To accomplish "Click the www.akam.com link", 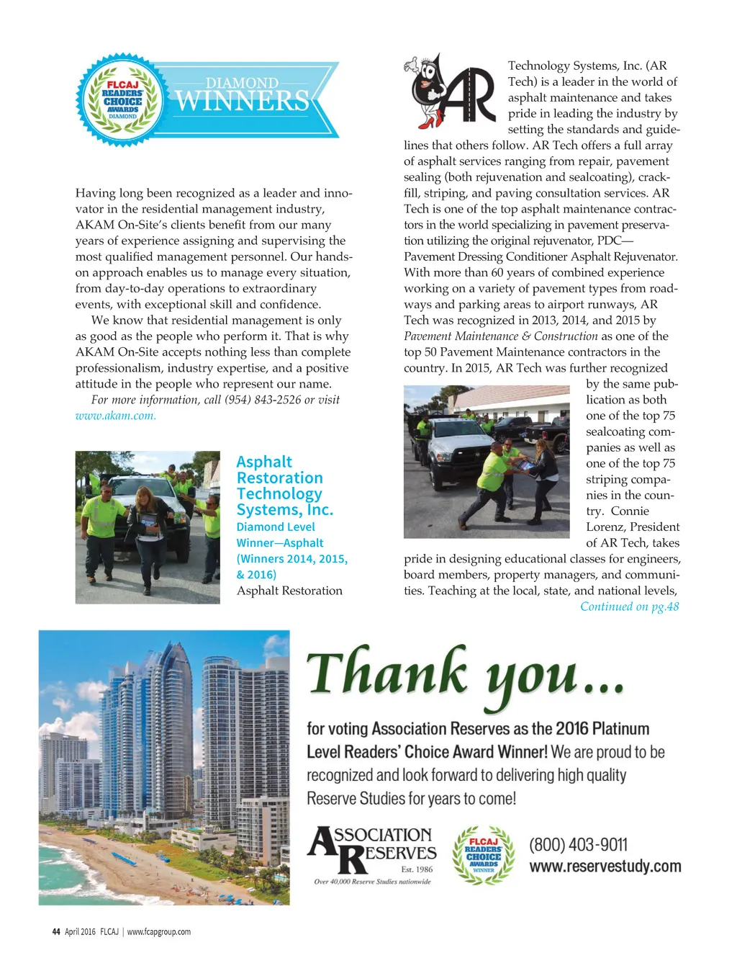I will pos(115,416).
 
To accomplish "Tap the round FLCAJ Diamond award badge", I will pos(122,99).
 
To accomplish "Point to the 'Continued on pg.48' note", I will pos(629,606).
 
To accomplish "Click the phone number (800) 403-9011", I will pos(578,844).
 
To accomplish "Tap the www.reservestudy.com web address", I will pos(605,866).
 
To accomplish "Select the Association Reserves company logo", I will pos(372,854).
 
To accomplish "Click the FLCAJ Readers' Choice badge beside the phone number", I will pos(484,855).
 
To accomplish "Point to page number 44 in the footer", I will pos(56,931).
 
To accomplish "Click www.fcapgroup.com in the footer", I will pos(159,931).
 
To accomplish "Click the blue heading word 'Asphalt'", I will pos(264,462).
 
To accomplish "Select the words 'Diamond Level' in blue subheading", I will pos(276,527).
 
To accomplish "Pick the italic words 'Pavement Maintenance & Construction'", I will pos(500,336).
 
